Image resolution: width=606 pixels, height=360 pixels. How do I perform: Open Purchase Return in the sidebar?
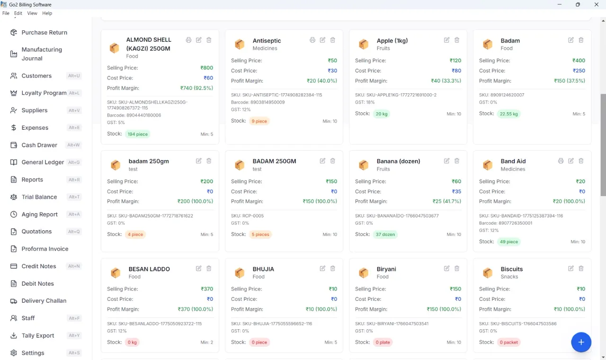(x=44, y=33)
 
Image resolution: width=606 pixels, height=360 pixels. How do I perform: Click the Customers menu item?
(x=36, y=76)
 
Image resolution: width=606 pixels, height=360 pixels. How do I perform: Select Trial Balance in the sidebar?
(x=39, y=197)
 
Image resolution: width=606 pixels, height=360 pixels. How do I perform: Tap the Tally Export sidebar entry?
(x=37, y=336)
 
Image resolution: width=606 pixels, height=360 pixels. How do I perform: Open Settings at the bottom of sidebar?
(x=33, y=353)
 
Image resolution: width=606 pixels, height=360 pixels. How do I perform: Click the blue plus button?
(x=581, y=342)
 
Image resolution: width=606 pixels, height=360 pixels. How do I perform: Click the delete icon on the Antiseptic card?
(x=333, y=40)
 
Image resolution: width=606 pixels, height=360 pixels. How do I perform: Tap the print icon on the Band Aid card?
(x=561, y=161)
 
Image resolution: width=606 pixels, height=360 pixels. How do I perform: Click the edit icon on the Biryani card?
(x=446, y=268)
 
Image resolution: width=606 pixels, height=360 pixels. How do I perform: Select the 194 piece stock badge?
(x=137, y=134)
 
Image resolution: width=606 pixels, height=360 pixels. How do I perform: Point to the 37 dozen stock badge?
(x=385, y=234)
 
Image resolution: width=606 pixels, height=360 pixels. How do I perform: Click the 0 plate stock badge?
(x=383, y=342)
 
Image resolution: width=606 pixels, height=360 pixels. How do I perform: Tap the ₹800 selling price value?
(x=207, y=68)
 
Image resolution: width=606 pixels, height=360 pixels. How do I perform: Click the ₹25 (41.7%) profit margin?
(x=446, y=201)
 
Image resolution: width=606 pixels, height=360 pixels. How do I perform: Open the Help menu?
(x=47, y=13)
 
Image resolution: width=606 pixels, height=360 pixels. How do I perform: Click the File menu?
(x=6, y=13)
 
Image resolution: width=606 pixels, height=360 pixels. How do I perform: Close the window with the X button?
(x=596, y=5)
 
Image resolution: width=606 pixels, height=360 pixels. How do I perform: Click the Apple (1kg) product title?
(x=392, y=41)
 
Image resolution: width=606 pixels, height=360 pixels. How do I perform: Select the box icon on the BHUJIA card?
(x=240, y=272)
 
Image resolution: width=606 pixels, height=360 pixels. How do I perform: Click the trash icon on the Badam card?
(x=581, y=40)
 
